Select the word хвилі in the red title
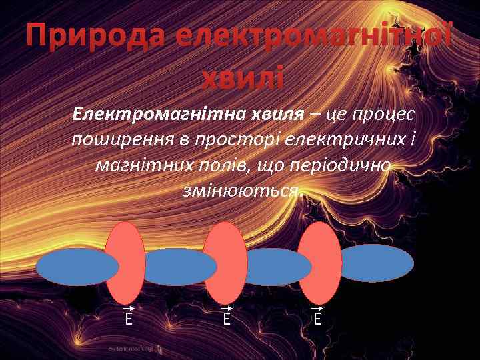pyautogui.click(x=242, y=79)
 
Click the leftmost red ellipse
pyautogui.click(x=125, y=263)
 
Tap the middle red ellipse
pyautogui.click(x=225, y=263)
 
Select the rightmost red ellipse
pyautogui.click(x=319, y=263)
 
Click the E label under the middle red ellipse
pyautogui.click(x=227, y=319)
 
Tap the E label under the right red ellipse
pyautogui.click(x=317, y=319)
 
